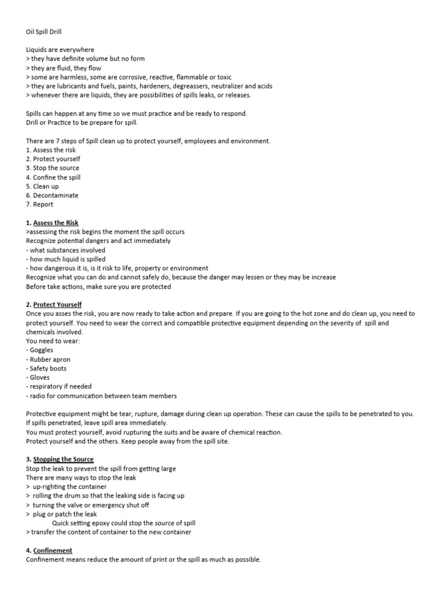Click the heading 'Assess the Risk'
coord(56,223)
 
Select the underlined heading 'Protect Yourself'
coord(58,304)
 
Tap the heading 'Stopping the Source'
coord(63,459)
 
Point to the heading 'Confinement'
coord(52,551)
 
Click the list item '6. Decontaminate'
coord(52,195)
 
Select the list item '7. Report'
coord(40,204)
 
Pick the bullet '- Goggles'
coord(40,350)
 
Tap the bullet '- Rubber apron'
coord(48,359)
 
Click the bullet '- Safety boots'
coord(47,368)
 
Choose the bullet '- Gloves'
coord(38,377)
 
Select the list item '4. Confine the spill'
coord(54,177)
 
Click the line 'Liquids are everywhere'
coord(61,50)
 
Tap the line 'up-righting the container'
coord(70,487)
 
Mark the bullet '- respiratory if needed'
coord(59,387)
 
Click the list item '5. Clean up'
coord(43,186)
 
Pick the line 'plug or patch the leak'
coord(65,514)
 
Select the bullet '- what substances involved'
coord(66,250)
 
